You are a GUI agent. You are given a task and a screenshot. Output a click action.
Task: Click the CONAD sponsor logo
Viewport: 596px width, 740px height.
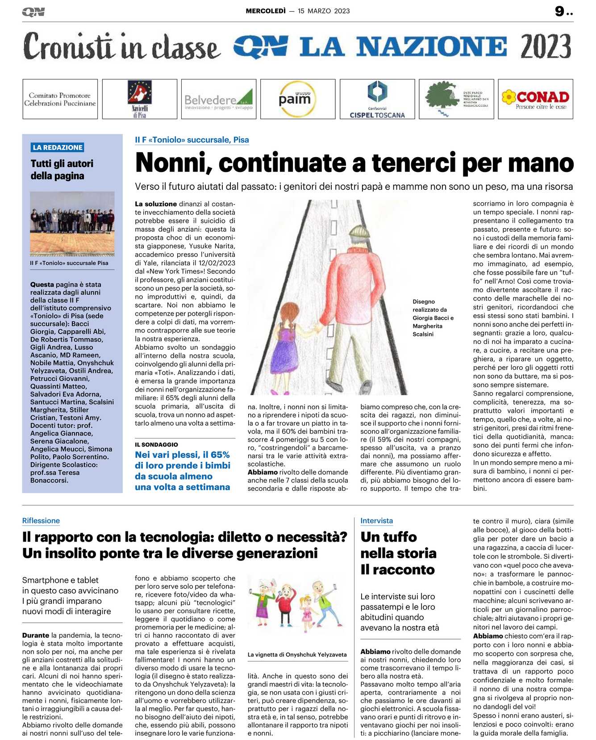click(535, 99)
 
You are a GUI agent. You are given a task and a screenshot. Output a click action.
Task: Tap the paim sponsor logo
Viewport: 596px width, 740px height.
click(295, 99)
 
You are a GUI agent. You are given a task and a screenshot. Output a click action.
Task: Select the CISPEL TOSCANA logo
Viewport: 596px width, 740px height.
click(377, 99)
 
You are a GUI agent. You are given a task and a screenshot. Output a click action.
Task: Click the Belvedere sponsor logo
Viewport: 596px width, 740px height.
click(219, 100)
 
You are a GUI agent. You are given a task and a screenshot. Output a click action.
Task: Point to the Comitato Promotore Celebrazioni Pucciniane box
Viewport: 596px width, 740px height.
click(60, 99)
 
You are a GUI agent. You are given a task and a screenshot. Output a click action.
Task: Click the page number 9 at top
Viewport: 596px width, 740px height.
click(559, 11)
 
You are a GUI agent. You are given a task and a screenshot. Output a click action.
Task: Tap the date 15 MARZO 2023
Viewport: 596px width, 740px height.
click(324, 11)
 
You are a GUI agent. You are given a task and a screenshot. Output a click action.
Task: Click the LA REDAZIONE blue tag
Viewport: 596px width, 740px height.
click(58, 147)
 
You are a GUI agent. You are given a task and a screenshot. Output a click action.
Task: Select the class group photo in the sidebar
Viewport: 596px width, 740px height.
click(72, 223)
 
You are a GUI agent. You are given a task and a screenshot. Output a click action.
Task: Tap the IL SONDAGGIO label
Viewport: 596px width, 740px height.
click(156, 444)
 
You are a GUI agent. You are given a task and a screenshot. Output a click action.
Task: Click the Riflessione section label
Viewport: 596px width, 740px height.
click(41, 521)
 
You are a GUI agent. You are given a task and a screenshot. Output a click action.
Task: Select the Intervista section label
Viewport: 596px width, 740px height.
click(376, 521)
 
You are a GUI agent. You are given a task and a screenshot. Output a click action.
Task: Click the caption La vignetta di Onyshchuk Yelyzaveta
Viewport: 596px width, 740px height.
click(297, 655)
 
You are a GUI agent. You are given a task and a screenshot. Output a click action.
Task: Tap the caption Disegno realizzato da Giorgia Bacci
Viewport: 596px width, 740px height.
click(432, 318)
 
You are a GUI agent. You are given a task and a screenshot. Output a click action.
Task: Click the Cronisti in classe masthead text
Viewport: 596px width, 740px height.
click(121, 46)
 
